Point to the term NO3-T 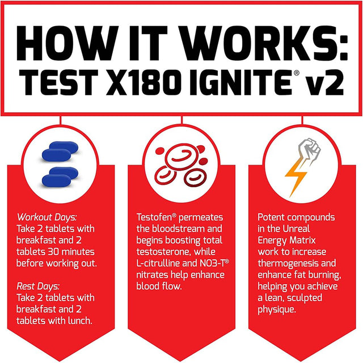click(x=212, y=263)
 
